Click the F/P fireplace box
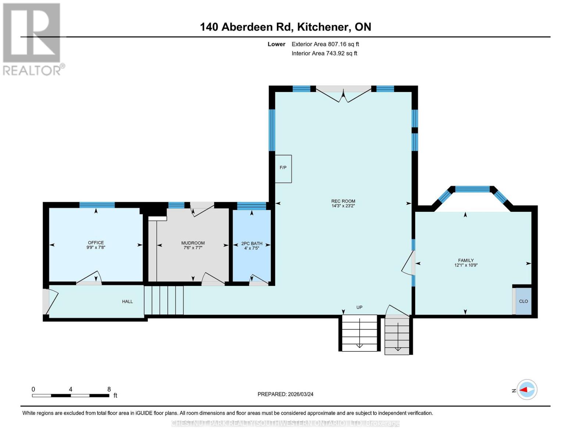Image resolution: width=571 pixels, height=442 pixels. click(x=283, y=168)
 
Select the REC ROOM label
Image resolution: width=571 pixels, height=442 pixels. click(x=343, y=201)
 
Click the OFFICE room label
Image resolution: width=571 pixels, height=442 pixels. click(x=96, y=243)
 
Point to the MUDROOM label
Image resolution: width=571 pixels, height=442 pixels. click(x=193, y=243)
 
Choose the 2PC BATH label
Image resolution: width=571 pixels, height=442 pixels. click(x=251, y=243)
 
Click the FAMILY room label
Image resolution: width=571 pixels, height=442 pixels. click(x=465, y=260)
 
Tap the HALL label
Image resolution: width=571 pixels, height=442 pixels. click(x=127, y=302)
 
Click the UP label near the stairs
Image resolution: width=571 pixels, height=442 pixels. click(x=359, y=307)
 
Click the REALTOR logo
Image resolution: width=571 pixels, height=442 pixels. click(x=32, y=39)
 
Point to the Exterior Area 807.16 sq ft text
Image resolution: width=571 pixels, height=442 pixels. click(x=325, y=44)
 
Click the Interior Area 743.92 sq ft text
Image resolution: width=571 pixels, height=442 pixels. click(x=324, y=53)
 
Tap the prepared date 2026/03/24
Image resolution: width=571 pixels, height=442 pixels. click(x=285, y=394)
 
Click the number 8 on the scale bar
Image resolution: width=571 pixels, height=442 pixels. click(x=109, y=389)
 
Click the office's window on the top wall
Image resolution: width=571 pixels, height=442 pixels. click(x=97, y=205)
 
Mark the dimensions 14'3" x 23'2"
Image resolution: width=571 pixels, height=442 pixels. click(x=343, y=206)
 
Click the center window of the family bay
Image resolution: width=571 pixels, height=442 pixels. click(x=472, y=189)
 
